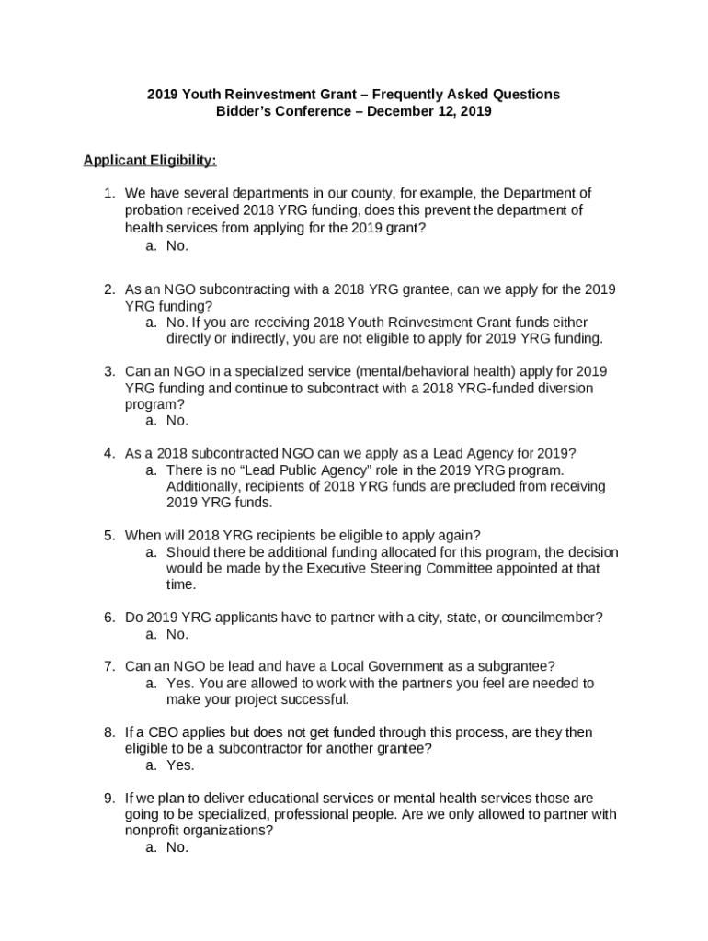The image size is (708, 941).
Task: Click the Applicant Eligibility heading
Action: coord(150,161)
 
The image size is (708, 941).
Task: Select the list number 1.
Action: coord(108,193)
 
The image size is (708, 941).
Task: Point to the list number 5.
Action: coord(108,535)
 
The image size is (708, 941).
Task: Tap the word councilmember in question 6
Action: coord(559,618)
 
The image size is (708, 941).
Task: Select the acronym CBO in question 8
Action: coord(154,732)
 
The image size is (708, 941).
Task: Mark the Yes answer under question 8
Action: coord(180,765)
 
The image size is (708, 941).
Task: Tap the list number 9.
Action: coord(108,798)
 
